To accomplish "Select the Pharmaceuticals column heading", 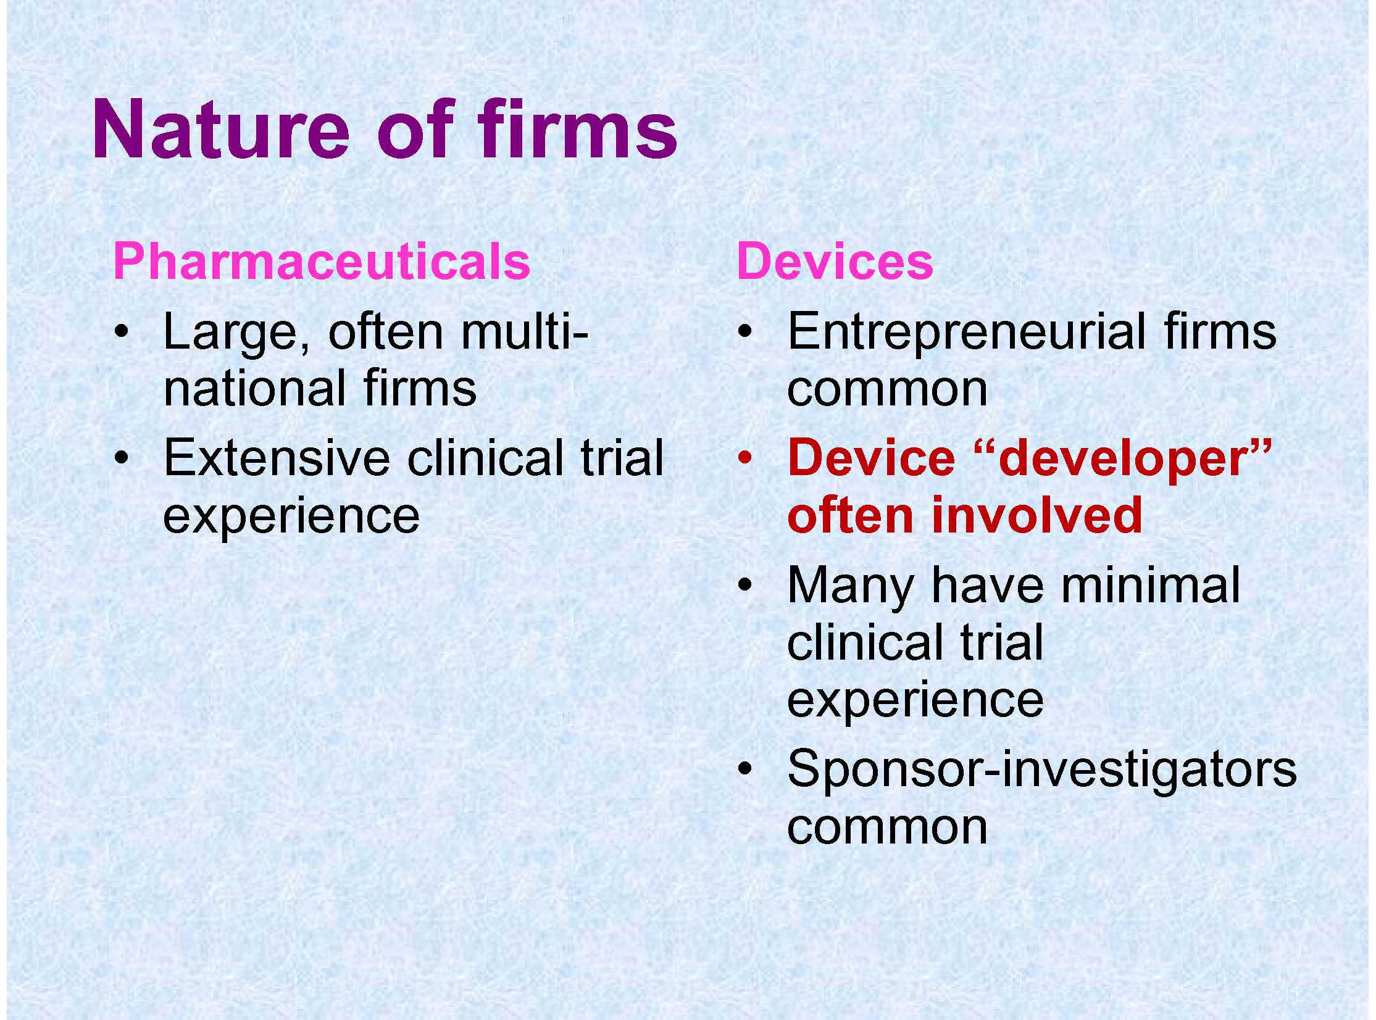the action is (x=322, y=261).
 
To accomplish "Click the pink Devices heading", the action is (x=835, y=261).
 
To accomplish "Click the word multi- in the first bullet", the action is (x=523, y=331).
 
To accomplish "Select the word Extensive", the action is (x=277, y=458).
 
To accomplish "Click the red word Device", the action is (x=872, y=458).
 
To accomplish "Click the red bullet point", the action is (x=746, y=457).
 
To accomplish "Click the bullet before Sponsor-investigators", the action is (x=746, y=769).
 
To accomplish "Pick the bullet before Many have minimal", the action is (x=746, y=585).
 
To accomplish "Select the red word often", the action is (x=851, y=515).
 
